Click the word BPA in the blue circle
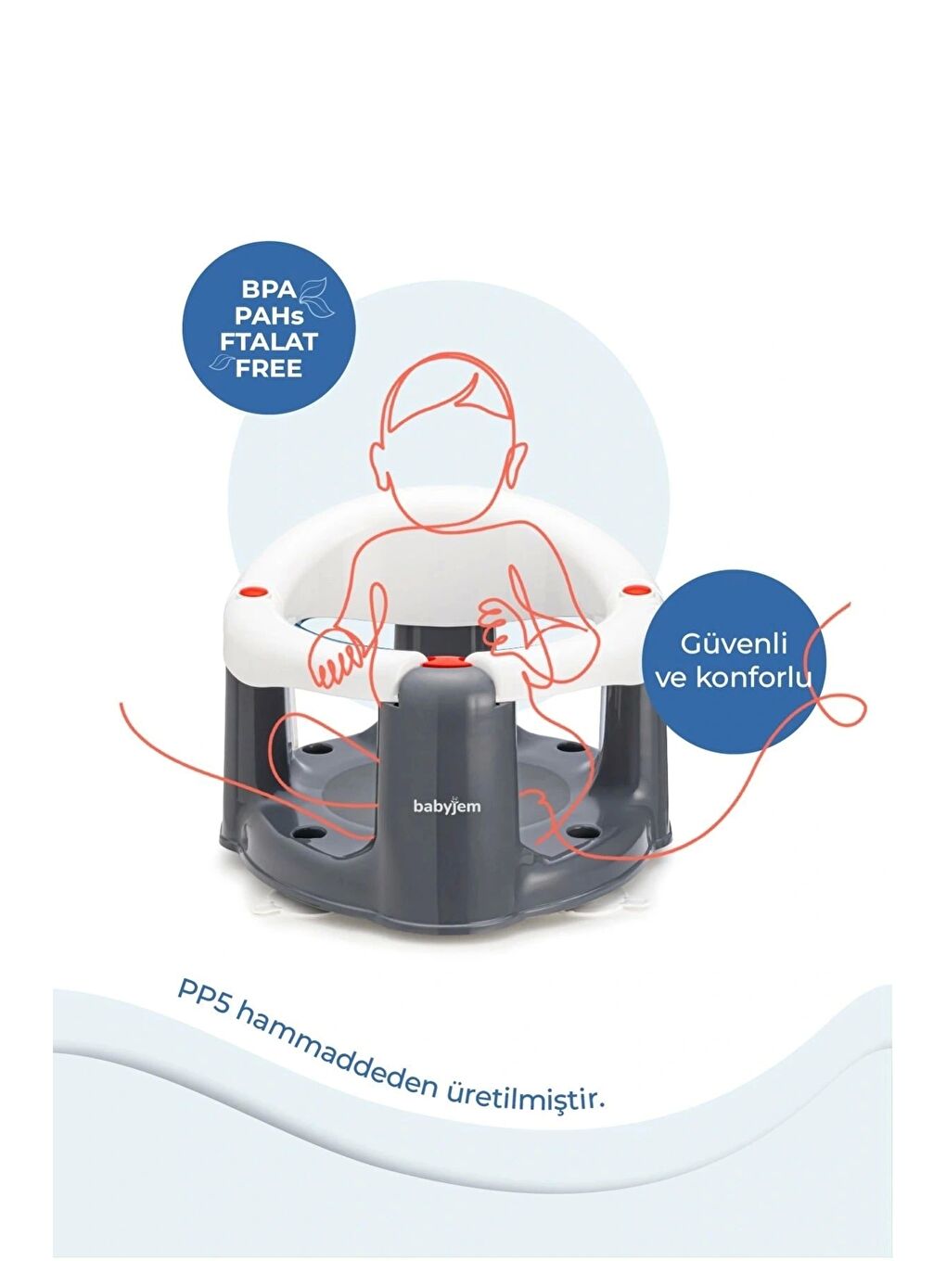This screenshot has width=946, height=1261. pyautogui.click(x=268, y=290)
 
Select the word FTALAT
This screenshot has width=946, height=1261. pyautogui.click(x=268, y=342)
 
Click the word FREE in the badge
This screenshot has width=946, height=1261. pyautogui.click(x=268, y=369)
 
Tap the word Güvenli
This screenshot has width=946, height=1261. pyautogui.click(x=733, y=644)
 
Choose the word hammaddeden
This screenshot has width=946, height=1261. pyautogui.click(x=336, y=1055)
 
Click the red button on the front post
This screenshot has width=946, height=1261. pyautogui.click(x=444, y=662)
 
